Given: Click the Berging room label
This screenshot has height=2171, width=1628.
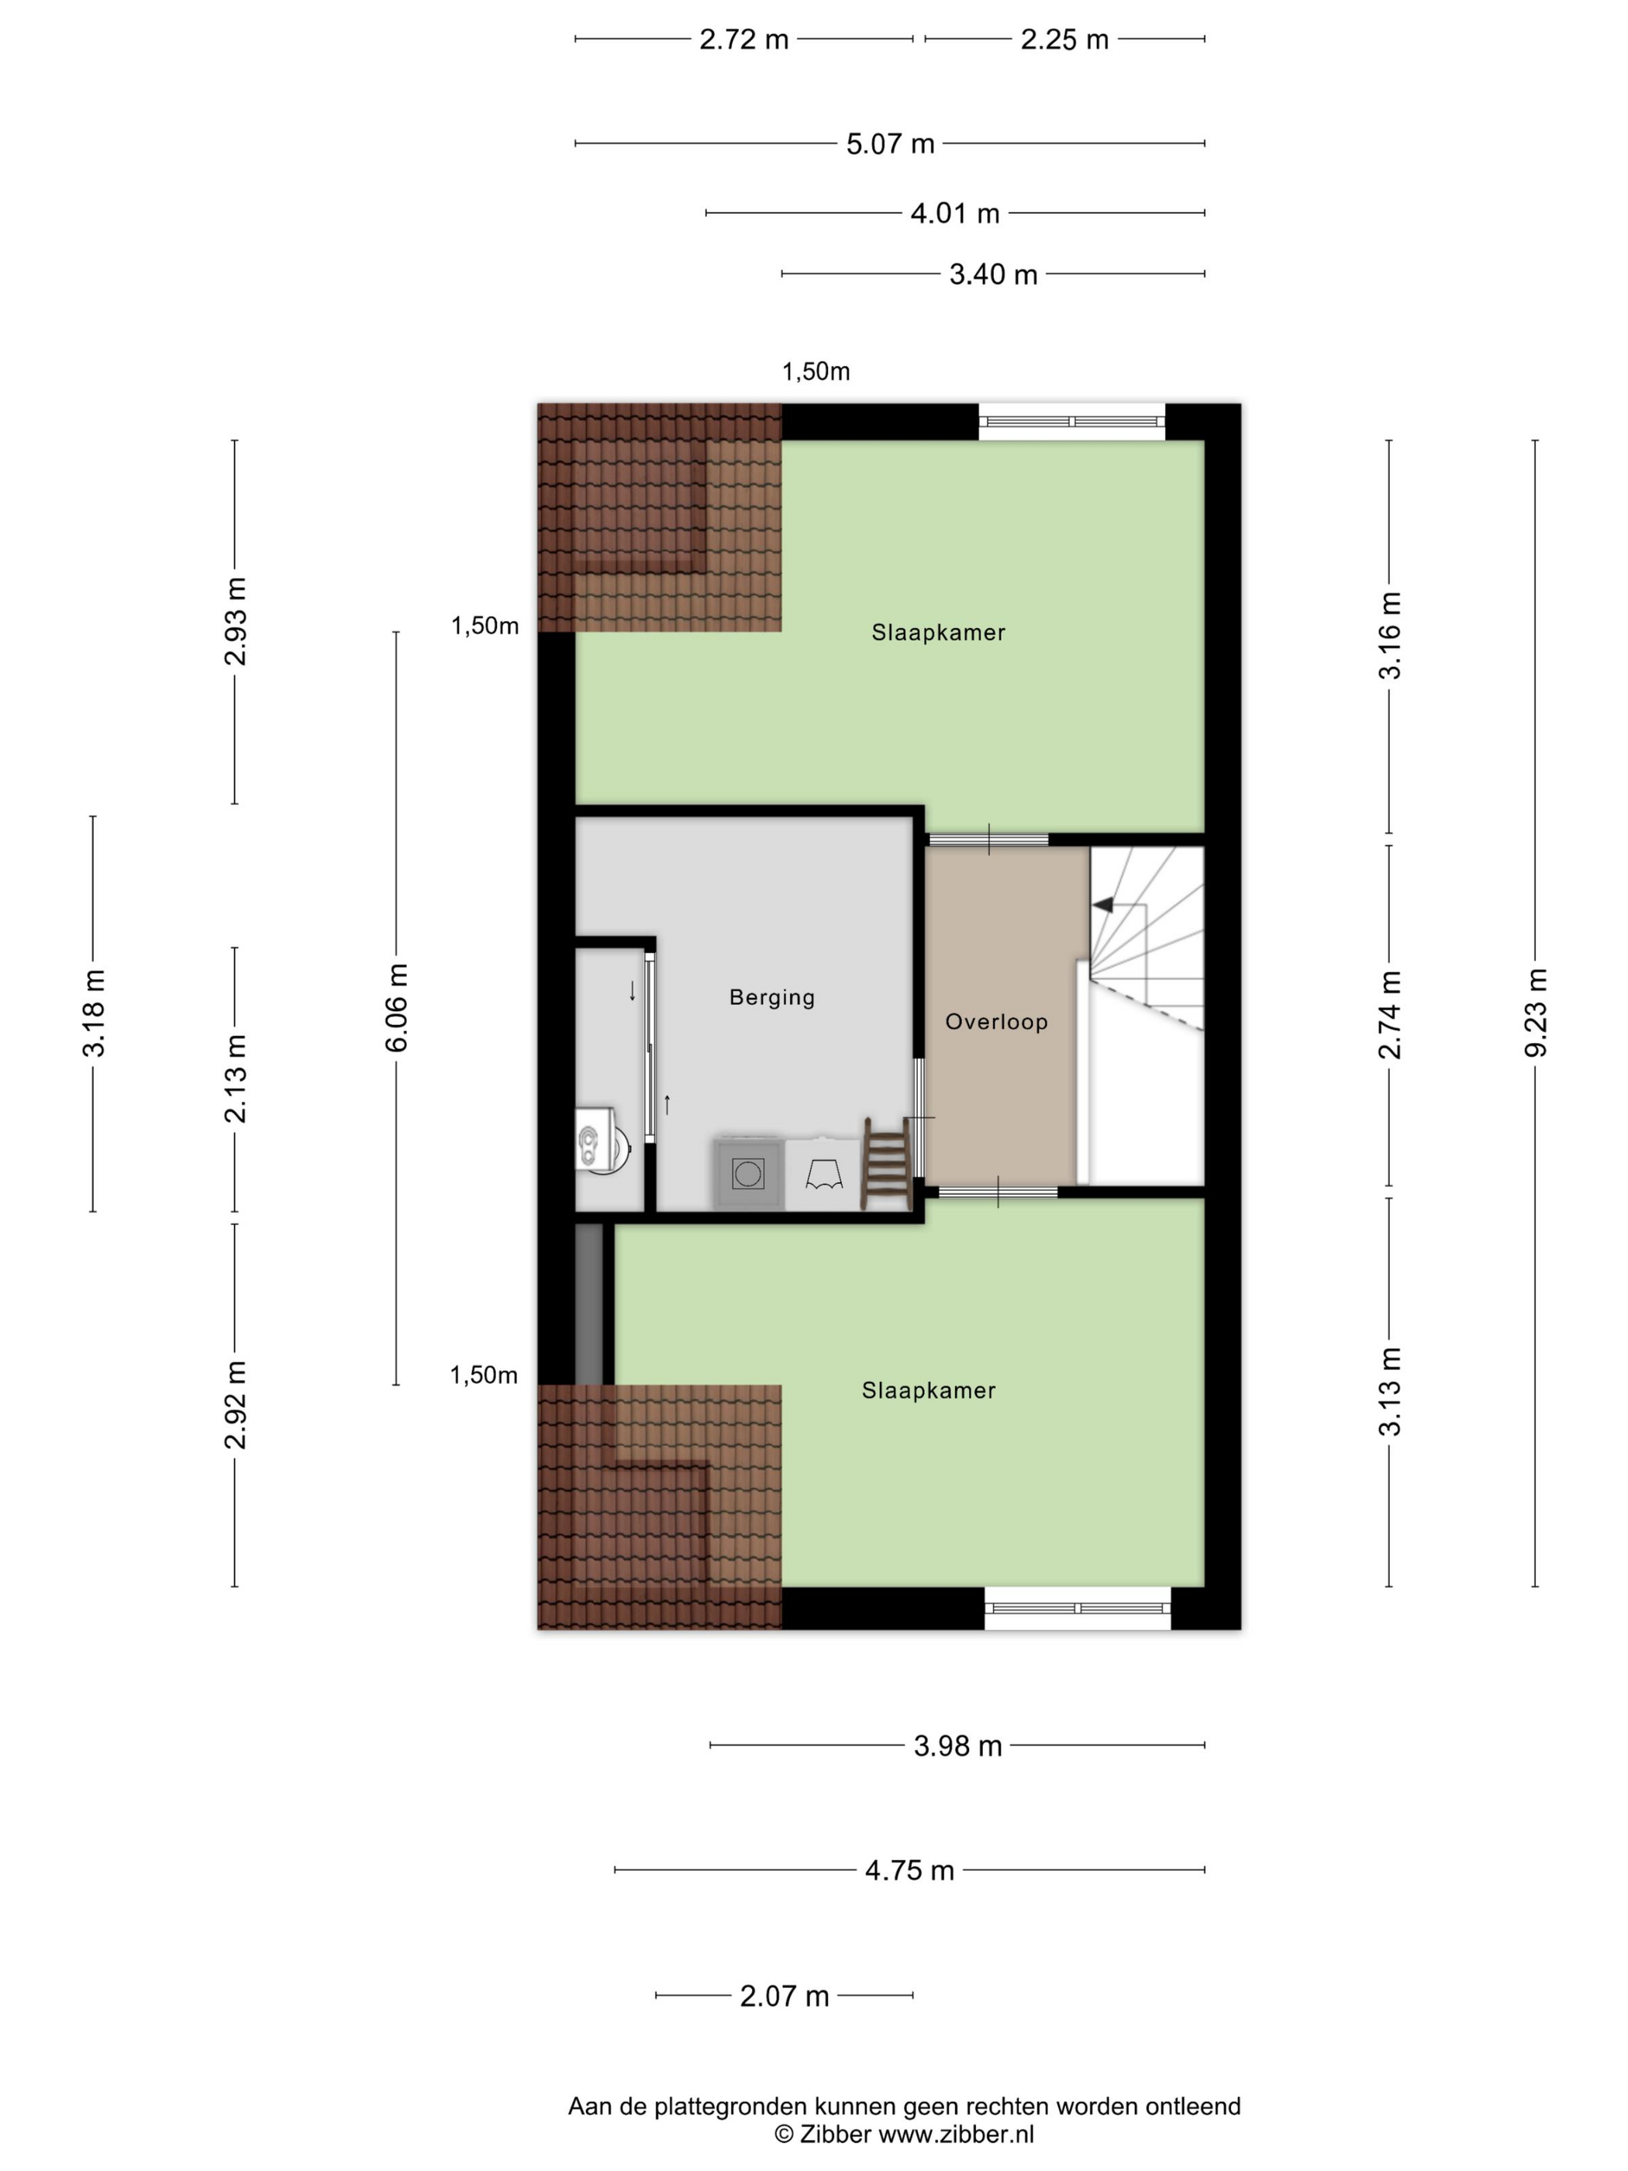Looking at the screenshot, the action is coord(771,997).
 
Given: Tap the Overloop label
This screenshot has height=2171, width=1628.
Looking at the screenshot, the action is coord(996,1022).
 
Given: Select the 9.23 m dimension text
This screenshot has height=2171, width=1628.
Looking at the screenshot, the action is coord(1536,1013).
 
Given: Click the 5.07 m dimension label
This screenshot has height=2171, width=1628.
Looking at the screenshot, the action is coord(890,144).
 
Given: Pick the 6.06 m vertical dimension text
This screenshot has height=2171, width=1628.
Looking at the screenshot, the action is coord(396,1008).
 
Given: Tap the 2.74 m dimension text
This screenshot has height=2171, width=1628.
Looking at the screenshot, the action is coord(1389,1015).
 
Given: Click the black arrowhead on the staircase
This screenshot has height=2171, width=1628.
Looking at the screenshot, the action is coord(1103,904).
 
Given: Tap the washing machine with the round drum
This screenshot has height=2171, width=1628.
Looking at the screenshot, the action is coord(748,1173).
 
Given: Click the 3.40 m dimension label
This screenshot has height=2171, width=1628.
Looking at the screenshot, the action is coord(993,274).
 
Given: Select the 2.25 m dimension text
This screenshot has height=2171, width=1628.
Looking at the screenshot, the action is coord(1064,40).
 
